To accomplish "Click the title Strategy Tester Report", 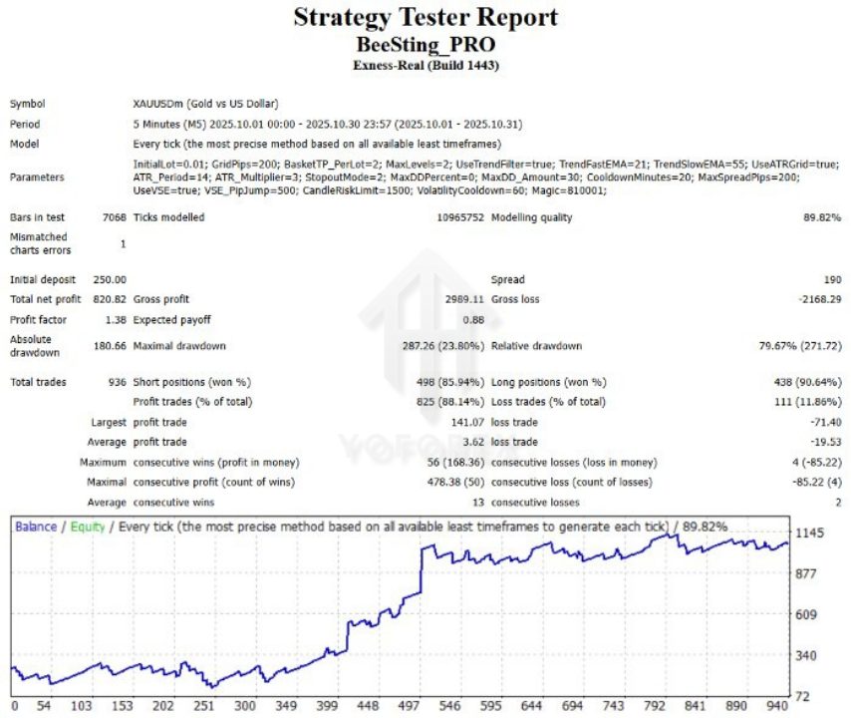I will pos(425,18).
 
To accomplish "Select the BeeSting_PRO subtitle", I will pos(425,44).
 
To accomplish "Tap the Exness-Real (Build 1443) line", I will pos(425,65).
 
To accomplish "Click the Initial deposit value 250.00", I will pos(110,280).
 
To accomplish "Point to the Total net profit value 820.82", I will pos(110,299).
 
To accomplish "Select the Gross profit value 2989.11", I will pos(463,299).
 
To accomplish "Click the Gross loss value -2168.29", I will pos(815,299).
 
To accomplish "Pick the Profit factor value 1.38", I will pos(113,320).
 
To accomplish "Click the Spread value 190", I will pos(831,280).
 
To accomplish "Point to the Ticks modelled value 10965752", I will pos(460,217).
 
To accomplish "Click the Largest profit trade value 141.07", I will pos(466,423).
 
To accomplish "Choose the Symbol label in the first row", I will pos(27,104).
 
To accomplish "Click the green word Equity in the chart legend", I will pos(87,526).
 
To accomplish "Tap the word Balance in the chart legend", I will pos(36,526).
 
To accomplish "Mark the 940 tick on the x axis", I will pos(778,705).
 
